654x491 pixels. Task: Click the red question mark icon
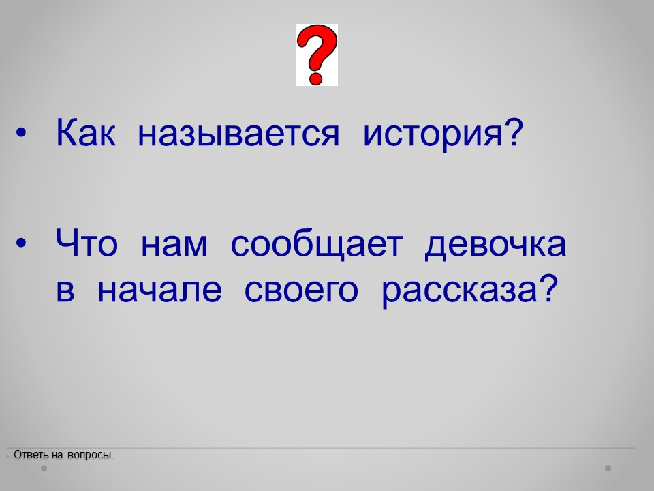pyautogui.click(x=317, y=55)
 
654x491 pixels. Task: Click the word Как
pyautogui.click(x=86, y=133)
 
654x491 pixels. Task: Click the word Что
pyautogui.click(x=87, y=243)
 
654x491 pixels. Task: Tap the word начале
pyautogui.click(x=159, y=291)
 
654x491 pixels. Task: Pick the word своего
pyautogui.click(x=301, y=291)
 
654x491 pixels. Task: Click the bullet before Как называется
pyautogui.click(x=21, y=133)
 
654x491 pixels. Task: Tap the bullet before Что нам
pyautogui.click(x=21, y=243)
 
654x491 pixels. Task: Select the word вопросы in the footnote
pyautogui.click(x=90, y=456)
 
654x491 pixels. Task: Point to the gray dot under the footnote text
pyautogui.click(x=44, y=468)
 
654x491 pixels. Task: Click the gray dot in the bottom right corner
pyautogui.click(x=608, y=468)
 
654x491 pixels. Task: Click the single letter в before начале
pyautogui.click(x=65, y=291)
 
